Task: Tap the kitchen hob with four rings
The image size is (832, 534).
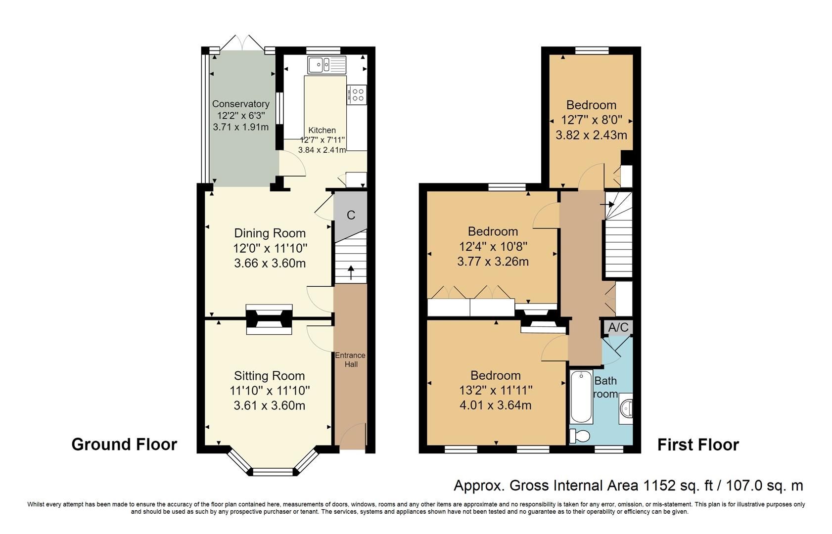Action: click(x=357, y=94)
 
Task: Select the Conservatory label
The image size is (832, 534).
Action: click(x=241, y=104)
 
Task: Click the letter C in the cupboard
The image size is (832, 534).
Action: click(x=351, y=215)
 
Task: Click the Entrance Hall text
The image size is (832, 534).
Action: click(x=350, y=359)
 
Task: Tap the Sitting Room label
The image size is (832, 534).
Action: click(x=269, y=376)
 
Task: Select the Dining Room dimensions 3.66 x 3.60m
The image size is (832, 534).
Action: click(x=270, y=263)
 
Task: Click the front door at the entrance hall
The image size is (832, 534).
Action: click(x=352, y=438)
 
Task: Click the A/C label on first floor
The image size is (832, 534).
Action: click(x=618, y=327)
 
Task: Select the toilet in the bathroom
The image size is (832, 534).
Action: click(x=580, y=436)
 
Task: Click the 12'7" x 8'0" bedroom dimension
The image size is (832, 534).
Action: click(x=591, y=120)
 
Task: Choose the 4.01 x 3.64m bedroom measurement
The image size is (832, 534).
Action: click(x=496, y=405)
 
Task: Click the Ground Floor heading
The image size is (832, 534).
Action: click(x=124, y=444)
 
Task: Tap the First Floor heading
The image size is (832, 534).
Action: click(x=698, y=445)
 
